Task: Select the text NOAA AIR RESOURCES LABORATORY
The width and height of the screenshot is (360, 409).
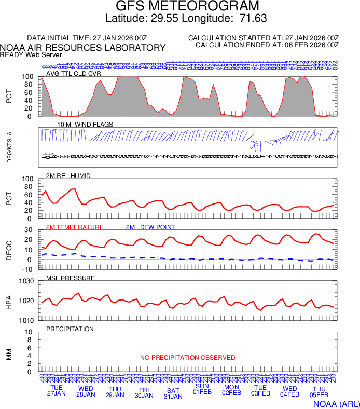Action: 83,48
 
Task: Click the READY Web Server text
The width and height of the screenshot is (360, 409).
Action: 31,55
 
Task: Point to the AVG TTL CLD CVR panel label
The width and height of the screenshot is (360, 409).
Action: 74,74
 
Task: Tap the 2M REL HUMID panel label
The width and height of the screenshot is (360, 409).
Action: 68,176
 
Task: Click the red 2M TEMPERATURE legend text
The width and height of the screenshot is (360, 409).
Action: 75,227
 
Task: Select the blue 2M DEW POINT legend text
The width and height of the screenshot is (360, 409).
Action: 150,227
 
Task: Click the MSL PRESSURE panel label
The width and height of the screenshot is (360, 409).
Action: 71,278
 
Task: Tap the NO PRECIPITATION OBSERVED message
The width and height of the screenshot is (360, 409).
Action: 188,358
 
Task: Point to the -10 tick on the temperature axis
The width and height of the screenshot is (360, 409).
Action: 28,269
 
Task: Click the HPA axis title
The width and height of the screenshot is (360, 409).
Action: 9,302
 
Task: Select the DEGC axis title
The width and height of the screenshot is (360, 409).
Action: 9,251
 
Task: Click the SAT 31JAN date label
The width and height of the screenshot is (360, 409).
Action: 173,393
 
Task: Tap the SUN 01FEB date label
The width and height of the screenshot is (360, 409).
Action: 202,389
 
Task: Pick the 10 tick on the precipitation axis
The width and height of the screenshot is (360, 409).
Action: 30,332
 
